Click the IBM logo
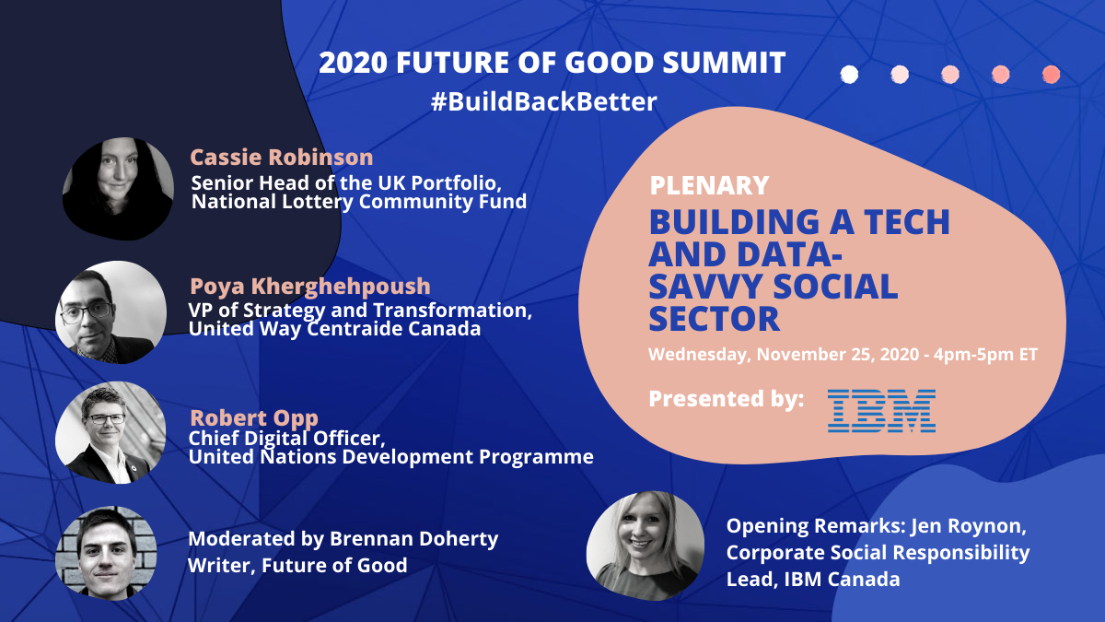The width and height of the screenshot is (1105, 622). pyautogui.click(x=881, y=411)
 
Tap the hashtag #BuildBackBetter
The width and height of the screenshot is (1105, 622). pyautogui.click(x=543, y=101)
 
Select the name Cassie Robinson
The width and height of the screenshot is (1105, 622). pyautogui.click(x=282, y=158)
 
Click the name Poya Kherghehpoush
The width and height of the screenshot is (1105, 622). pyautogui.click(x=310, y=287)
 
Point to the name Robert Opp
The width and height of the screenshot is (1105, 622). pyautogui.click(x=254, y=418)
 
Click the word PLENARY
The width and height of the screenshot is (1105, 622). pyautogui.click(x=709, y=185)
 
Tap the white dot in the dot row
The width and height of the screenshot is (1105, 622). pyautogui.click(x=849, y=75)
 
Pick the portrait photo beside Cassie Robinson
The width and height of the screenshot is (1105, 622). pyautogui.click(x=118, y=189)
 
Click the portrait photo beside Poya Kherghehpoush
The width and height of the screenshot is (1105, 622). pyautogui.click(x=111, y=312)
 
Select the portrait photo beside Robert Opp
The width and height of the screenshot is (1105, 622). pyautogui.click(x=110, y=432)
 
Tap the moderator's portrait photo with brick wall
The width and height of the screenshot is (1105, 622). pyautogui.click(x=106, y=553)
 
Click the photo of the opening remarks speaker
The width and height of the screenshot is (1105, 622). pyautogui.click(x=646, y=546)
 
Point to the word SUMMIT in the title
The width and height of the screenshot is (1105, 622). pyautogui.click(x=724, y=63)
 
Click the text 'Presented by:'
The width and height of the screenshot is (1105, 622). pyautogui.click(x=727, y=399)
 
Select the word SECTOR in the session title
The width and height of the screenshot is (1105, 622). pyautogui.click(x=715, y=319)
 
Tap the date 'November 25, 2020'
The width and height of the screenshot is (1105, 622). pyautogui.click(x=838, y=355)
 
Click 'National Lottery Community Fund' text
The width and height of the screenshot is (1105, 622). pyautogui.click(x=359, y=202)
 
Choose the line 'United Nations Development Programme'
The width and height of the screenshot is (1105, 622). pyautogui.click(x=391, y=457)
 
